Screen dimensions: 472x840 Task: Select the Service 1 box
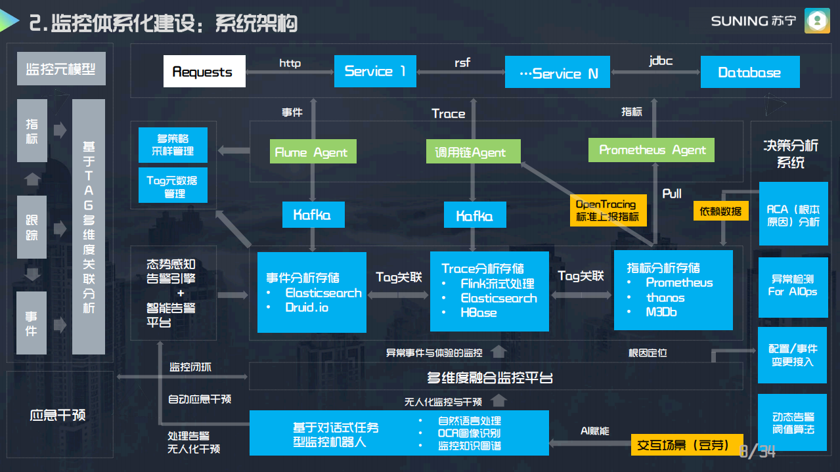click(x=375, y=71)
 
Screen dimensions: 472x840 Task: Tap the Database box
click(x=749, y=72)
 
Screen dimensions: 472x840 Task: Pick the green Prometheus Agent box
click(x=652, y=150)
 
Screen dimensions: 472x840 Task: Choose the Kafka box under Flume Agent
click(x=313, y=215)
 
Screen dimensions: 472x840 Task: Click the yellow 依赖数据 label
click(x=720, y=211)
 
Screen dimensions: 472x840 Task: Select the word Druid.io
click(x=307, y=307)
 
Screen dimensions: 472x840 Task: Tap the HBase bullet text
click(x=478, y=312)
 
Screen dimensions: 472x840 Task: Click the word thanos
click(x=665, y=297)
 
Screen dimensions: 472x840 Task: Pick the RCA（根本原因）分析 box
click(x=793, y=215)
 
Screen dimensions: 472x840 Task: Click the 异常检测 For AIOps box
click(x=793, y=286)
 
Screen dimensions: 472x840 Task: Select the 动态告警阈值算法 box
click(x=793, y=423)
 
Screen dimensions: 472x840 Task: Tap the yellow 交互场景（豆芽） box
click(x=687, y=445)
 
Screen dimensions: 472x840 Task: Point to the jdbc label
click(x=661, y=61)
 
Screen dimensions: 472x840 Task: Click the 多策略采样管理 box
click(x=173, y=146)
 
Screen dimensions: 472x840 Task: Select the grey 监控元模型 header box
click(x=61, y=69)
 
